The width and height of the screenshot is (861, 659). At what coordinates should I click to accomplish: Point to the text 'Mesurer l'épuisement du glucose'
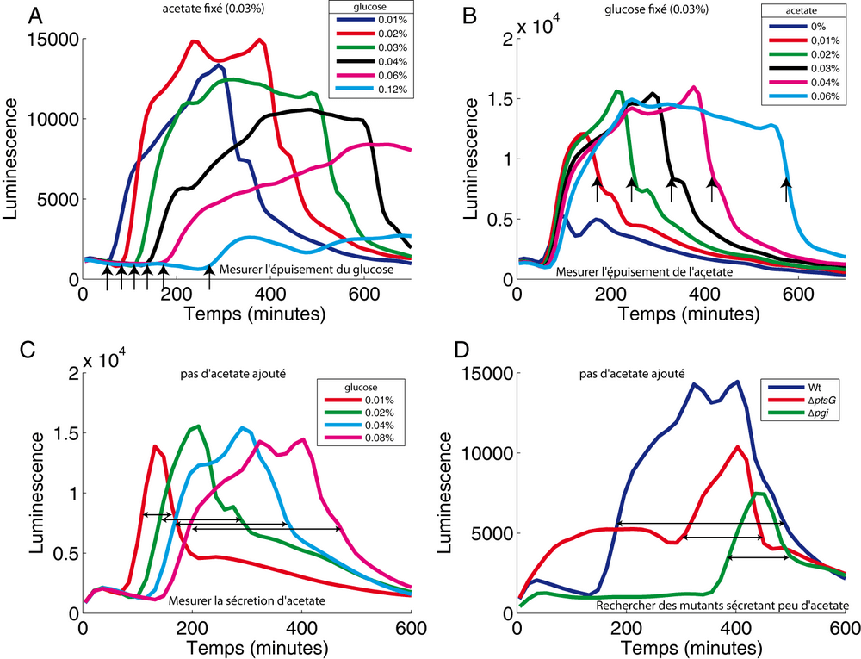[307, 270]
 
